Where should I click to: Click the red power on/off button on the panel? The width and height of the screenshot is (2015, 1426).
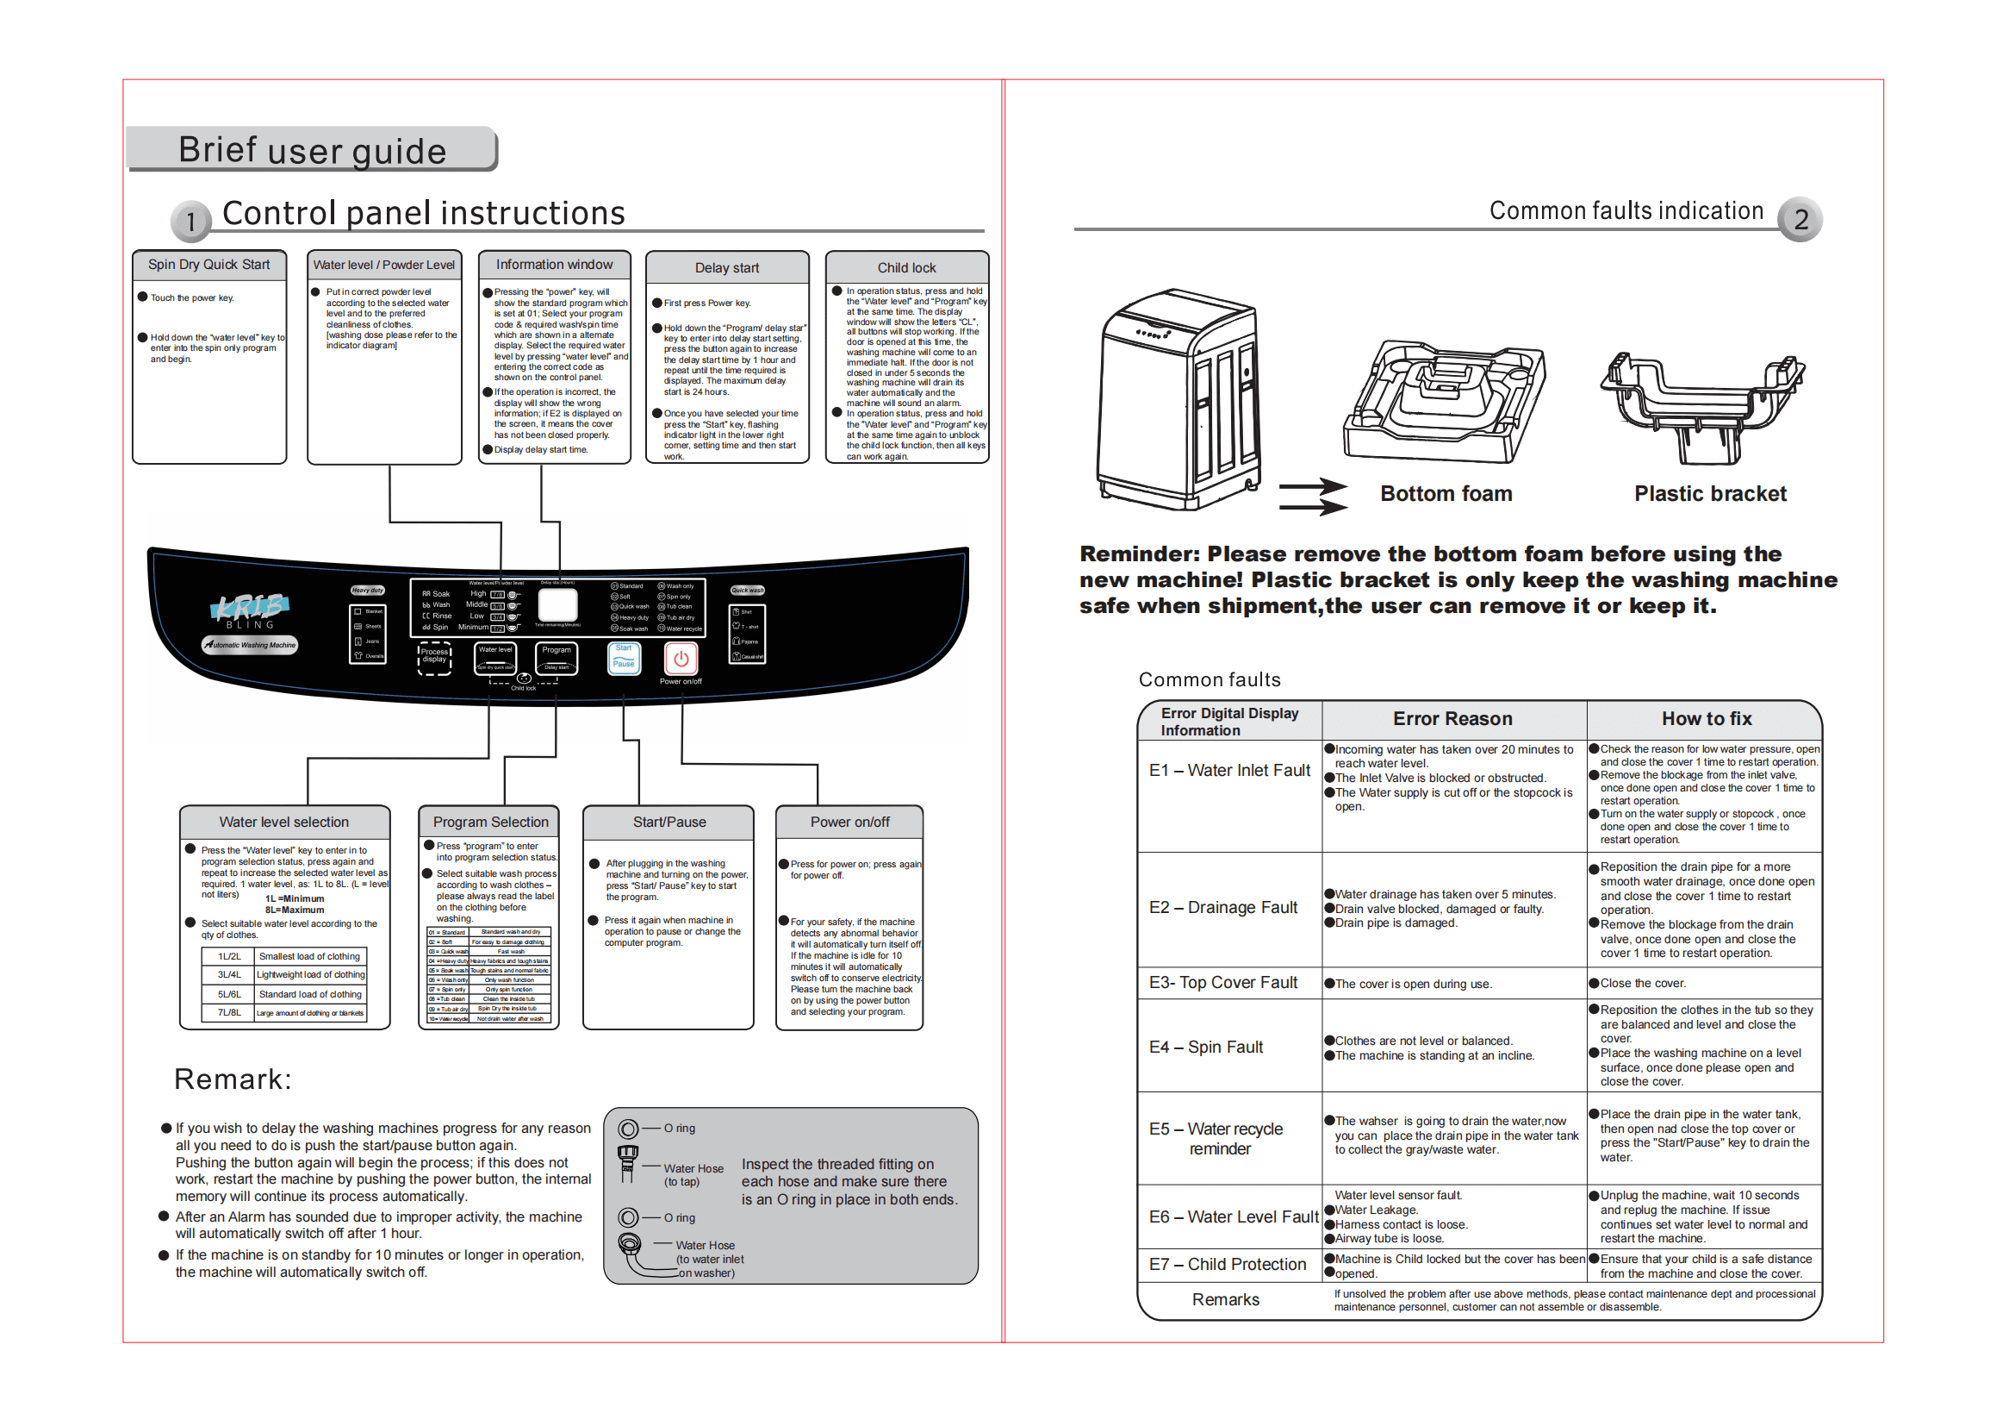pos(681,659)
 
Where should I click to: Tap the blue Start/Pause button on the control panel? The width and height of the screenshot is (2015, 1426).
pos(624,658)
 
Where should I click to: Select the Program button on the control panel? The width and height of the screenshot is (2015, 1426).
pos(557,658)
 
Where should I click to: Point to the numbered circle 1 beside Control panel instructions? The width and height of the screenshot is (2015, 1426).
pos(190,222)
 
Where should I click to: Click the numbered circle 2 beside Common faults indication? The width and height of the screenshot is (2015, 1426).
pos(1799,220)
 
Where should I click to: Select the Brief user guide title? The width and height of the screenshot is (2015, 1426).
pos(313,150)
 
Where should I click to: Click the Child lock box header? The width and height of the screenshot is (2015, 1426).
pos(906,268)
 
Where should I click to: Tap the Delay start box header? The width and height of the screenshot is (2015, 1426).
pos(727,268)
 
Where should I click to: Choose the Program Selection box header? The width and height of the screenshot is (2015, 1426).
pos(490,822)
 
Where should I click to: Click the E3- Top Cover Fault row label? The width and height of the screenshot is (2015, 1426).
pos(1222,983)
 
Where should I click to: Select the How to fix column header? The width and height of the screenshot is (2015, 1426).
pos(1706,718)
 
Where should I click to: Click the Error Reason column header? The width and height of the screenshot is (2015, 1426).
pos(1452,718)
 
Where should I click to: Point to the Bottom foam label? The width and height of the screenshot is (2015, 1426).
pos(1446,493)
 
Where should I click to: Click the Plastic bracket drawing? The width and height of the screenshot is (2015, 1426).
pos(1701,406)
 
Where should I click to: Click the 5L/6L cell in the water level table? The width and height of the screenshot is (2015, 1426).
pos(229,994)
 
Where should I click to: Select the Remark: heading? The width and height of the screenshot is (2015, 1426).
pos(233,1079)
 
